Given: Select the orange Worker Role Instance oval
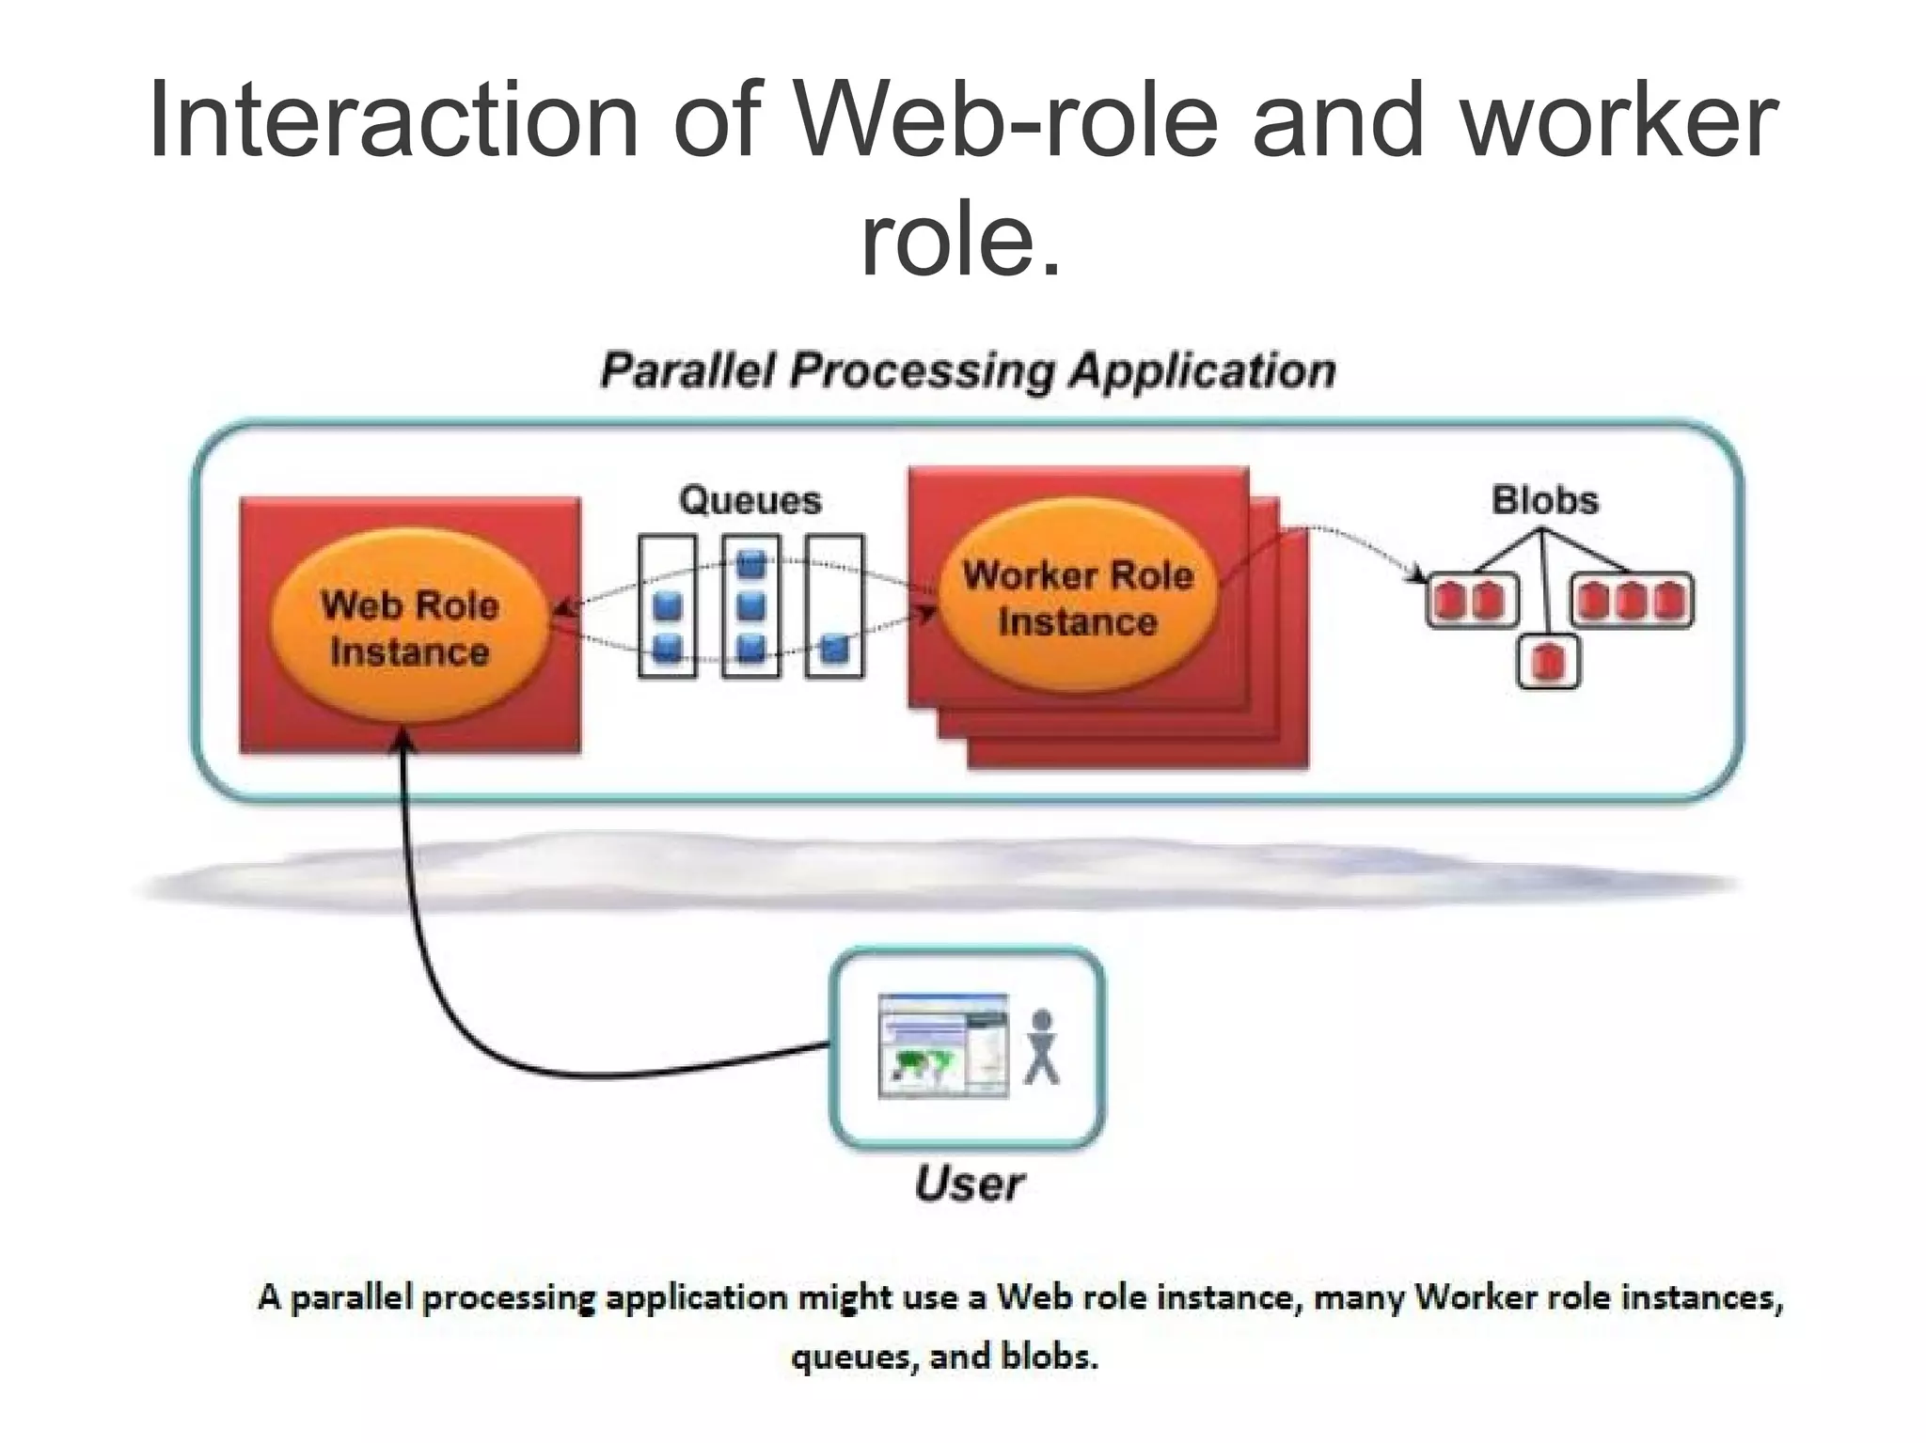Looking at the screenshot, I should pyautogui.click(x=1078, y=598).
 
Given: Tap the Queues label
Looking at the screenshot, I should pyautogui.click(x=750, y=500).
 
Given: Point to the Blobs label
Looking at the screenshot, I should pyautogui.click(x=1544, y=500).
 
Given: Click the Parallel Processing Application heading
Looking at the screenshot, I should pyautogui.click(x=968, y=370).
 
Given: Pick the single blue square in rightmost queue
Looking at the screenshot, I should pyautogui.click(x=834, y=649).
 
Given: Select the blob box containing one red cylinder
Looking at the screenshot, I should pyautogui.click(x=1548, y=663).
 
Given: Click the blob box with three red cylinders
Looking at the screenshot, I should pyautogui.click(x=1631, y=600).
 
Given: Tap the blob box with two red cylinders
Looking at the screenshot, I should pyautogui.click(x=1472, y=600).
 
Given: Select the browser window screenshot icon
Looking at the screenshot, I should pyautogui.click(x=942, y=1045).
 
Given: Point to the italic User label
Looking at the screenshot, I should pyautogui.click(x=969, y=1184).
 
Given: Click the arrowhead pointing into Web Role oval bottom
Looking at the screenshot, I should pyautogui.click(x=403, y=739).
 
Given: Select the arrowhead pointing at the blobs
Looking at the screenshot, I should pyautogui.click(x=1417, y=573).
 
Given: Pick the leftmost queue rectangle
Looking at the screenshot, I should pyautogui.click(x=667, y=605).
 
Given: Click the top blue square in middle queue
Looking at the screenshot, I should pyautogui.click(x=750, y=565).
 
